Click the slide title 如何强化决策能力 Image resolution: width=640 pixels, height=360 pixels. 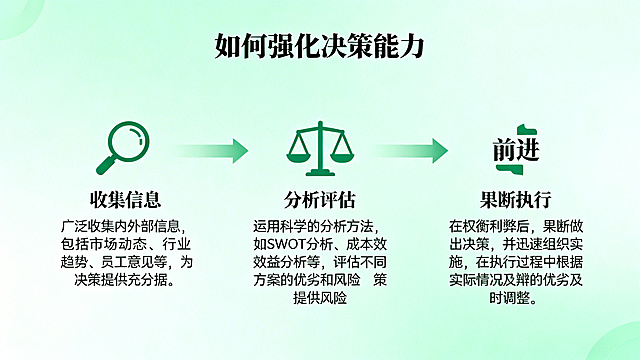click(x=320, y=46)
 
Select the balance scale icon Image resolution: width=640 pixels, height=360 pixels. click(x=319, y=148)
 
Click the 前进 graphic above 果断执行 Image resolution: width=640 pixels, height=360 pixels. click(x=515, y=149)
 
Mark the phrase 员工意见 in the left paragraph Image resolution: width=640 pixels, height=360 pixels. click(x=137, y=262)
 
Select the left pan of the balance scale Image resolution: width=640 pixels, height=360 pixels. click(x=298, y=158)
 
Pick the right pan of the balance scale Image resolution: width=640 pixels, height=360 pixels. click(x=340, y=158)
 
